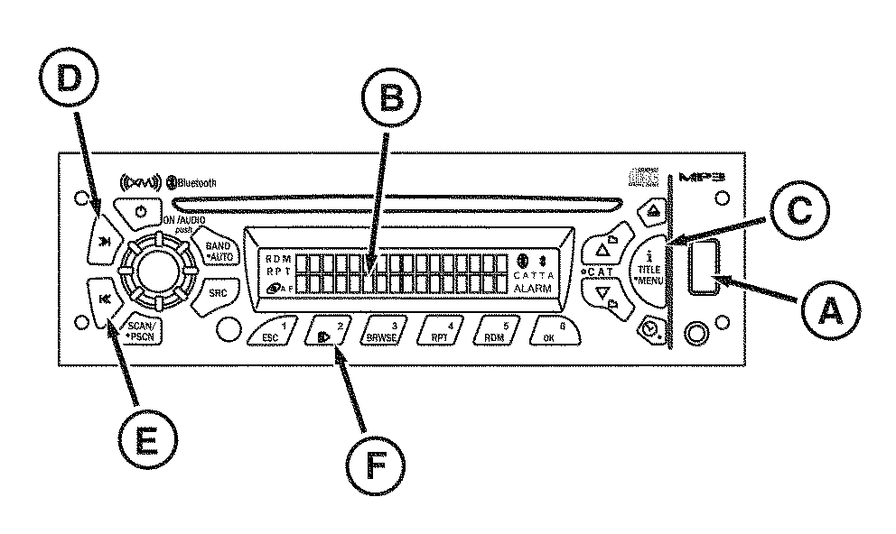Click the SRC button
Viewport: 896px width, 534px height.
tap(218, 293)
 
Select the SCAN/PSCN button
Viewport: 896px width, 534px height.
tap(141, 330)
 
